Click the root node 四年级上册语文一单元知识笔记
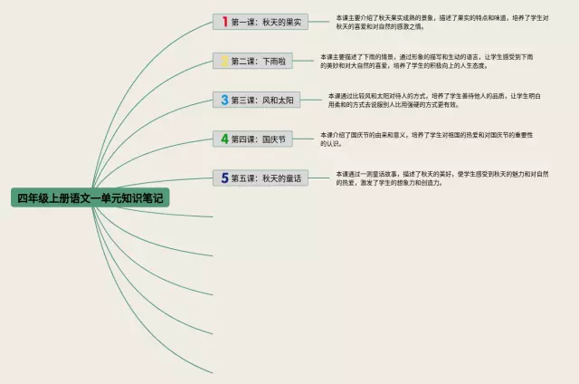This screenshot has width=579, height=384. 91,197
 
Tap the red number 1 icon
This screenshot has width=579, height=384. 223,22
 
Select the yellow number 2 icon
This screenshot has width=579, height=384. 223,61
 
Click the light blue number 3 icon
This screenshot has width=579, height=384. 223,100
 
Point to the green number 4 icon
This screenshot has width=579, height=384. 223,139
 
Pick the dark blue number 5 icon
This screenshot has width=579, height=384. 223,178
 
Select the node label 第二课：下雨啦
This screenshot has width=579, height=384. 257,62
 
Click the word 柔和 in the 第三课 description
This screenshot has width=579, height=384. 351,105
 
